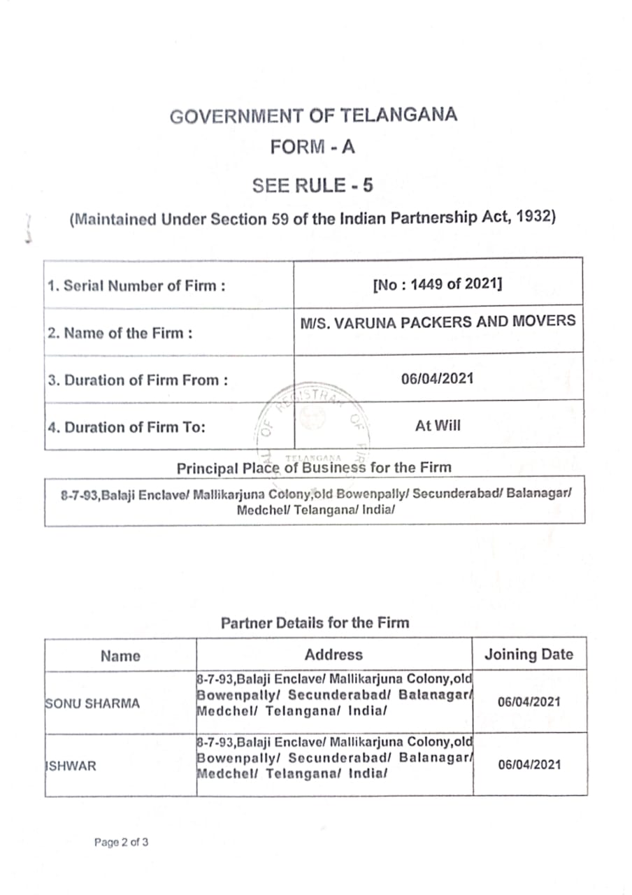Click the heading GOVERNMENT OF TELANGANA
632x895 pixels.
[x=313, y=115]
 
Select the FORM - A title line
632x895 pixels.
[x=313, y=148]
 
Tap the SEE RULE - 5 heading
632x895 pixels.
[x=313, y=186]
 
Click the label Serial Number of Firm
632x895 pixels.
[x=136, y=286]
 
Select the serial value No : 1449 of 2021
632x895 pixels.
[x=438, y=285]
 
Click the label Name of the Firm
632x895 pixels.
[x=120, y=333]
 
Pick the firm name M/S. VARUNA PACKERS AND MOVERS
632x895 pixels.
[x=438, y=322]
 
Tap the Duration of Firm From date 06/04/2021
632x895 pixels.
[x=438, y=379]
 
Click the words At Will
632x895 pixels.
[x=438, y=426]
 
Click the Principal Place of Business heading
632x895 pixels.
[x=314, y=467]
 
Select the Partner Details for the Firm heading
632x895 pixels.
[x=315, y=622]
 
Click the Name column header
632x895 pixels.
[x=120, y=656]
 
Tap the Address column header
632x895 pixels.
[x=333, y=654]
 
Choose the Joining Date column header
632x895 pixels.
[x=529, y=655]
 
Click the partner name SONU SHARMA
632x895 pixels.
[x=92, y=703]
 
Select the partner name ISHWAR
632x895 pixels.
[x=71, y=766]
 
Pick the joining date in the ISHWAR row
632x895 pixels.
[x=529, y=765]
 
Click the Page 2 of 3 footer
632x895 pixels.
[x=121, y=843]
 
